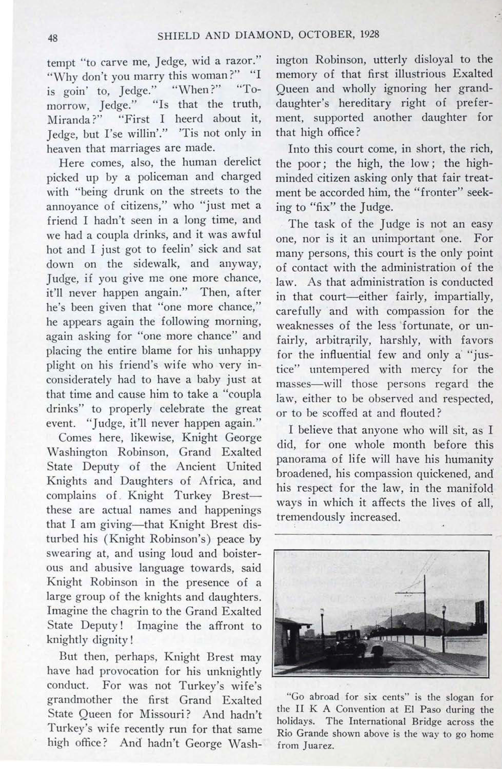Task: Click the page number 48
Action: click(52, 38)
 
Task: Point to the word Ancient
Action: click(196, 467)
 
